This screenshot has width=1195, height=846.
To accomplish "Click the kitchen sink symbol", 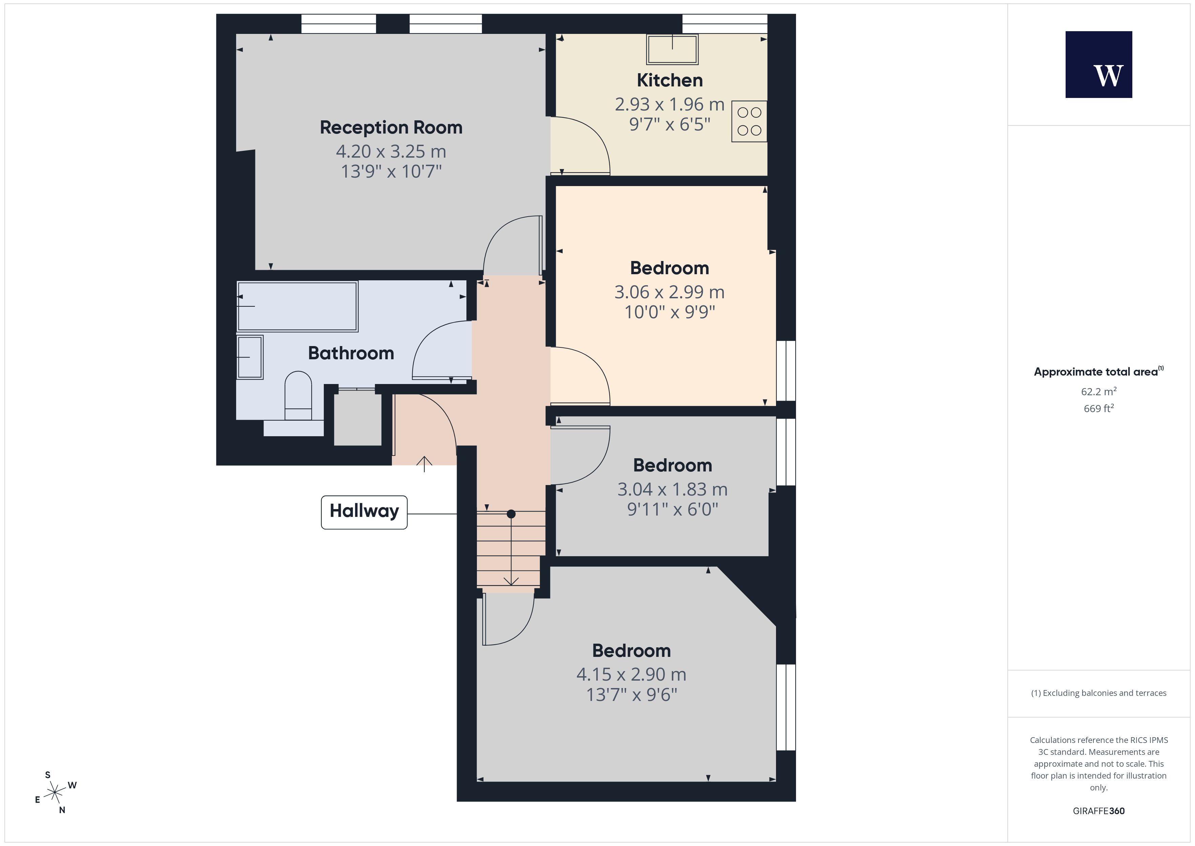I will (x=672, y=49).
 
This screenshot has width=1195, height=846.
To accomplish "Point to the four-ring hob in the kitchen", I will (x=749, y=121).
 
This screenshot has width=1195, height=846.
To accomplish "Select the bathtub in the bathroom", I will (x=297, y=306).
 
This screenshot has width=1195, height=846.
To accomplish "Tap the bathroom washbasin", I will (x=250, y=357).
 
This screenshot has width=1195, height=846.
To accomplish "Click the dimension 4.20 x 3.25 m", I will (x=391, y=152).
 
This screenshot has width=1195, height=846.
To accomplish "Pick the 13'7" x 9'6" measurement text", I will (x=631, y=695).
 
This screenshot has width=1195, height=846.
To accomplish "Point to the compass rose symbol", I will (x=55, y=793).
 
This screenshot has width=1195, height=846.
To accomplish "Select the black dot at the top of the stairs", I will (x=511, y=514).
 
